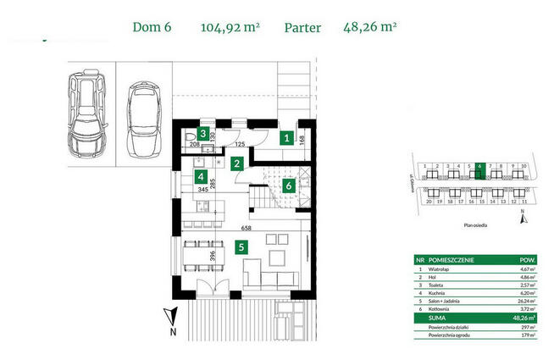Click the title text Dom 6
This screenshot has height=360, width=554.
coord(152,27)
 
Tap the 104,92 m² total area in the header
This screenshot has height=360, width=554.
coord(229,27)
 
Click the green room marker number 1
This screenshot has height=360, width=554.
coord(287,138)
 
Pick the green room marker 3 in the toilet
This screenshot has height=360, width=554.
coord(203,135)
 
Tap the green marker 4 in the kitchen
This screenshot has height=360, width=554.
coord(200,177)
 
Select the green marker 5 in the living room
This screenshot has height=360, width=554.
coord(241,248)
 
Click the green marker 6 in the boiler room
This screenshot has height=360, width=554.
coord(288,185)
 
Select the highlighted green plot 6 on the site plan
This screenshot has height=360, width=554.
coord(479,168)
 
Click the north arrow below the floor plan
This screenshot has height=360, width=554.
coord(171,319)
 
